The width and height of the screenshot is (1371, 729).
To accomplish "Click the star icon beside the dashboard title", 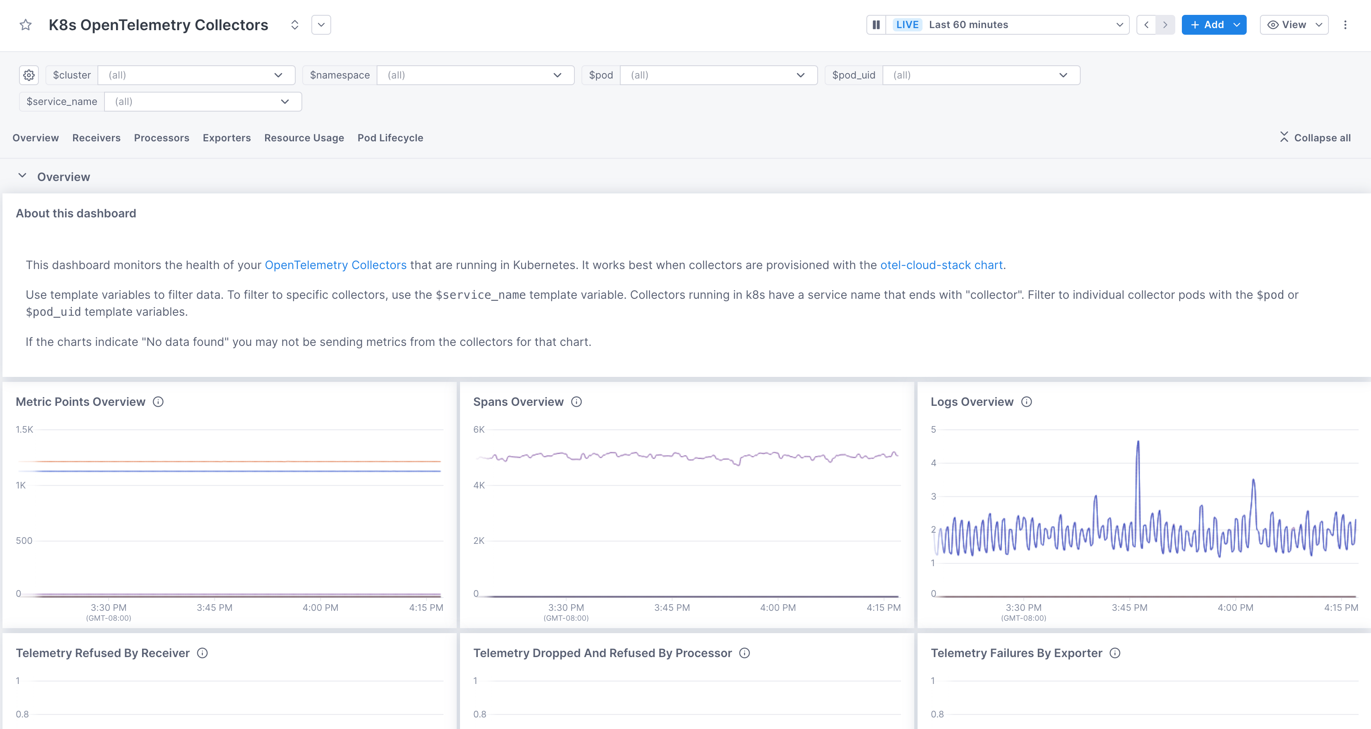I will click(26, 25).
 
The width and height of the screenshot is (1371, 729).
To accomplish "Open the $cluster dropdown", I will click(196, 75).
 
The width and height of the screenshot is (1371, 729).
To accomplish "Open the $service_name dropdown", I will click(202, 102).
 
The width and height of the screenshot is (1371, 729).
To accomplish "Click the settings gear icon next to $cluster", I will click(29, 75).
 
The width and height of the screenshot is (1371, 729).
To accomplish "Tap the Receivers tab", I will click(96, 138).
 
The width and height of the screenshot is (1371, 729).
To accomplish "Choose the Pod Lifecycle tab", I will click(390, 138).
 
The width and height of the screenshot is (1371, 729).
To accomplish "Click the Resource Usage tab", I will click(304, 138).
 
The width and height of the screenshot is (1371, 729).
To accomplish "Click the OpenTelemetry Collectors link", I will click(335, 265).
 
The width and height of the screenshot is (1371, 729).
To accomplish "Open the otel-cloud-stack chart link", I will click(941, 265).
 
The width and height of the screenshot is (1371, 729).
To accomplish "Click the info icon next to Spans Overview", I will click(576, 402).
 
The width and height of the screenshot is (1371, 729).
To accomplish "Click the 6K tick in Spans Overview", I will click(479, 430).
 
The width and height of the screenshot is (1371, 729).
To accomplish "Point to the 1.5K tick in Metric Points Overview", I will click(24, 430).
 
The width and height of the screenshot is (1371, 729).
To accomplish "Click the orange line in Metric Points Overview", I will click(229, 461).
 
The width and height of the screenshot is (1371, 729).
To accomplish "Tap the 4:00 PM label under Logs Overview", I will click(1235, 607).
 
